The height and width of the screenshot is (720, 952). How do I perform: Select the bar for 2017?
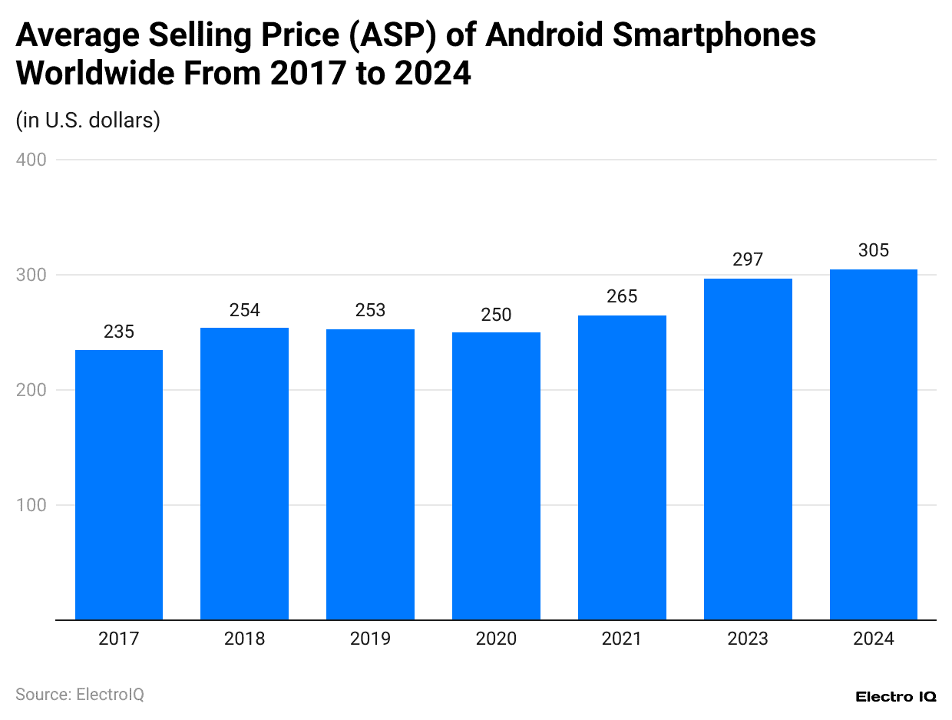pyautogui.click(x=119, y=484)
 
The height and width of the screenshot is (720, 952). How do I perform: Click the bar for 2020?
pyautogui.click(x=496, y=476)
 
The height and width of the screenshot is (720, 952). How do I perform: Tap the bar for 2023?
pyautogui.click(x=748, y=449)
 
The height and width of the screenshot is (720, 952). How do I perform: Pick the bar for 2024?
pyautogui.click(x=874, y=444)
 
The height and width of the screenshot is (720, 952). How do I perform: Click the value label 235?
pyautogui.click(x=119, y=332)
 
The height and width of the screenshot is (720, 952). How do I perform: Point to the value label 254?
pyautogui.click(x=244, y=310)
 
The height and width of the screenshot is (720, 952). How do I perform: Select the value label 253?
pyautogui.click(x=370, y=311)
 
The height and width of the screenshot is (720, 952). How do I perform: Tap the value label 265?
pyautogui.click(x=622, y=297)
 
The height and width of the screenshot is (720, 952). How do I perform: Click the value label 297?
pyautogui.click(x=748, y=260)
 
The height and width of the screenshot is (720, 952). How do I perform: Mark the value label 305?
pyautogui.click(x=874, y=251)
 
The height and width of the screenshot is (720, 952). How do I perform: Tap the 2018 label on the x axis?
pyautogui.click(x=244, y=639)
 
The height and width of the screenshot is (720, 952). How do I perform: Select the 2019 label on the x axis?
pyautogui.click(x=370, y=639)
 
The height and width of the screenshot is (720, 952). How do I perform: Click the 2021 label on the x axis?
pyautogui.click(x=622, y=639)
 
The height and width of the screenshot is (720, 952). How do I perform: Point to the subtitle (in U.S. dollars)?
pyautogui.click(x=88, y=121)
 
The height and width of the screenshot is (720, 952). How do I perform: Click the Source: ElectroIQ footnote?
pyautogui.click(x=80, y=695)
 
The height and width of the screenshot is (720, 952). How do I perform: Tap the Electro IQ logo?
pyautogui.click(x=895, y=696)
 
